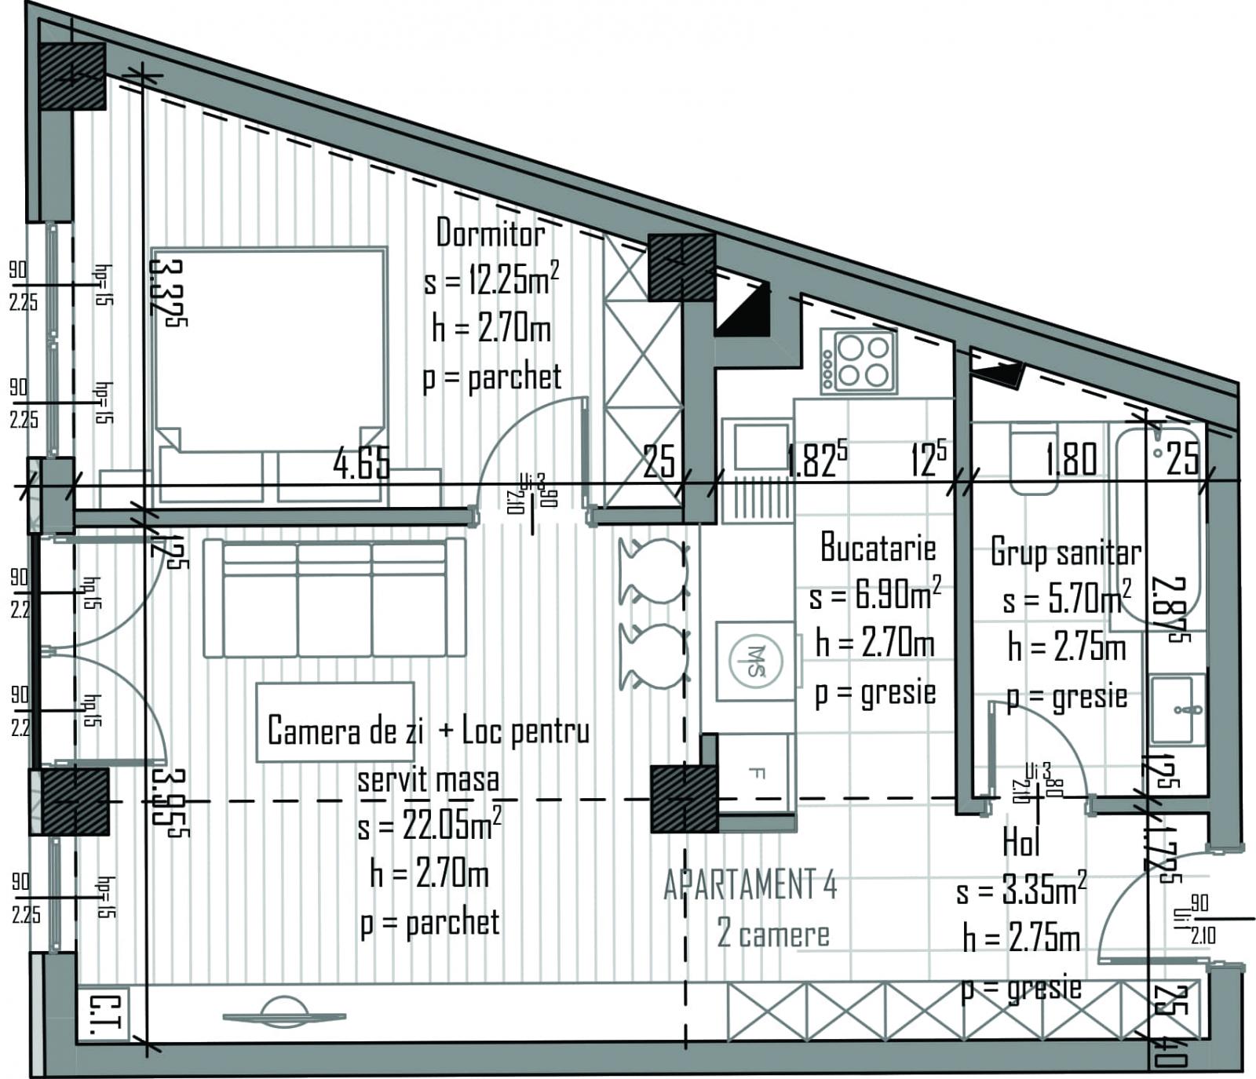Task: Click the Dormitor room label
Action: pos(491,233)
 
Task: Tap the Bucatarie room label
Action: pos(878,548)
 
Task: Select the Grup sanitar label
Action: pos(1065,552)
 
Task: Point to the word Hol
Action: pos(1021,843)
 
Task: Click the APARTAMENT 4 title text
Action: pos(750,885)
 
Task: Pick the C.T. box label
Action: pos(102,1015)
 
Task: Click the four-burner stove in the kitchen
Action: pos(859,361)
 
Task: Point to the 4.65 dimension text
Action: pos(361,463)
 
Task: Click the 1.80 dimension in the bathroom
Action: pos(1071,459)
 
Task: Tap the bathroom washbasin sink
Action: pos(1177,710)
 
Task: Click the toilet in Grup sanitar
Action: pos(1033,459)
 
